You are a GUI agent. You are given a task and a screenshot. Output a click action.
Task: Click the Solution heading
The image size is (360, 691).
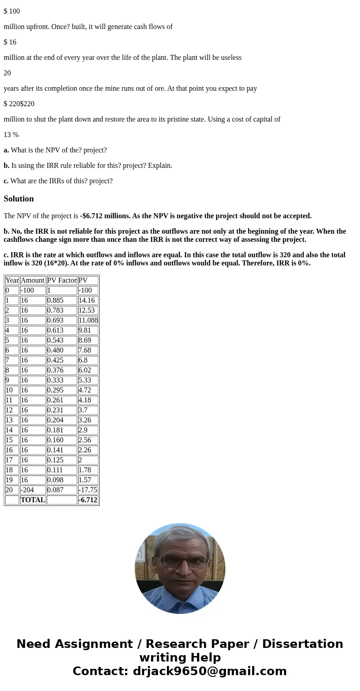[x=19, y=199]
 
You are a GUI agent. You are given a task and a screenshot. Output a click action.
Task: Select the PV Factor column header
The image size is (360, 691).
[x=62, y=280]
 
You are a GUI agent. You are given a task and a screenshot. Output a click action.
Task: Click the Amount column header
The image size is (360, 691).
[x=33, y=280]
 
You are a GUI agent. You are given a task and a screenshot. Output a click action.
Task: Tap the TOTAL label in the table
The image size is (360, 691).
[x=33, y=500]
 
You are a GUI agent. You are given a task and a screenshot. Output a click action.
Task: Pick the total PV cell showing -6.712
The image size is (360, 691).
[x=88, y=500]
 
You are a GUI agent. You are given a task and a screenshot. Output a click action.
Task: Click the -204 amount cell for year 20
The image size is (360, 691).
[x=33, y=490]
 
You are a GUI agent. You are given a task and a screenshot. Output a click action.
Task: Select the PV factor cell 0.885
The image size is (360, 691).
[x=62, y=300]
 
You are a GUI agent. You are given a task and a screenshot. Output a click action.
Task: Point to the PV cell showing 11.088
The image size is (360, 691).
[x=88, y=320]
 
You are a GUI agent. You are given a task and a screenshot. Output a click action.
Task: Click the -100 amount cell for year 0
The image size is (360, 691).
[x=33, y=290]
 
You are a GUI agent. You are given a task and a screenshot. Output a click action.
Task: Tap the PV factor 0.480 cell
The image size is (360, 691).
[x=62, y=350]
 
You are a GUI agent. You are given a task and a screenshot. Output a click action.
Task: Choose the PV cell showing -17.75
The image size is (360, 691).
[x=88, y=490]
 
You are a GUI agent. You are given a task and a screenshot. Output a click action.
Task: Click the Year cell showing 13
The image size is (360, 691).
[x=12, y=420]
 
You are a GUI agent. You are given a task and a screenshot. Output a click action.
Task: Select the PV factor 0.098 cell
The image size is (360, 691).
[x=62, y=480]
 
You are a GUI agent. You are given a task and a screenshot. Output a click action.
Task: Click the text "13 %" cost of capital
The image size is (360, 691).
[x=11, y=135]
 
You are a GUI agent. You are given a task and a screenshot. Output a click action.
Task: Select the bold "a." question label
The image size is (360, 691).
[x=6, y=150]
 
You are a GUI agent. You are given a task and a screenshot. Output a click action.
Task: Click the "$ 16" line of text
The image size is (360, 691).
[x=10, y=42]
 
